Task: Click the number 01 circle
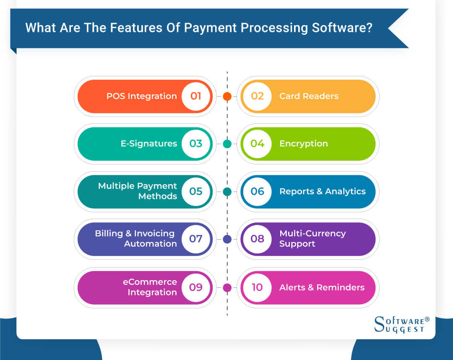coord(196,96)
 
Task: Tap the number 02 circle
coord(258,96)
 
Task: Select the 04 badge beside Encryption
coord(258,143)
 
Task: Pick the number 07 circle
coord(196,239)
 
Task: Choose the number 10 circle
coord(258,287)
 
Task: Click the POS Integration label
coord(142,96)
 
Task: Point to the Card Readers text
coord(309,96)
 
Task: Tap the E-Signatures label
coord(149,143)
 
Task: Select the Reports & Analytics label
coord(323,191)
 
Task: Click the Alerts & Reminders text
coord(322,287)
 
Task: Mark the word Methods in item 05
coord(158,196)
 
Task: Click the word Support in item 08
coord(297,244)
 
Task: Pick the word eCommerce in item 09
coord(150,282)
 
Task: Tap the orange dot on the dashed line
coord(227,97)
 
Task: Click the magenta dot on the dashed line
coord(227,288)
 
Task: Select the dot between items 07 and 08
coord(227,239)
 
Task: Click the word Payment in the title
coord(210,28)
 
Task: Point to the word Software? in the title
coord(342,28)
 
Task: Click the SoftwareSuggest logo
coord(402,325)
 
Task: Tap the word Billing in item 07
coord(109,233)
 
